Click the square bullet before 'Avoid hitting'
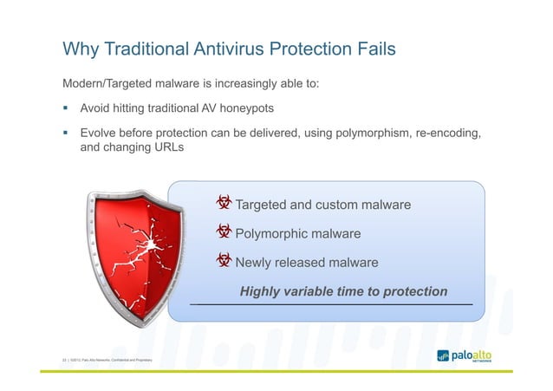click(x=65, y=110)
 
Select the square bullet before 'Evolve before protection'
click(x=65, y=135)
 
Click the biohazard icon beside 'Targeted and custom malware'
click(x=224, y=205)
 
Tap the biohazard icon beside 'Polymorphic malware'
click(x=224, y=233)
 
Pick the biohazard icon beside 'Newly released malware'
click(x=224, y=262)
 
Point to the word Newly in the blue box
click(x=255, y=263)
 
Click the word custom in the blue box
click(x=342, y=205)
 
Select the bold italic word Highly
click(x=263, y=291)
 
